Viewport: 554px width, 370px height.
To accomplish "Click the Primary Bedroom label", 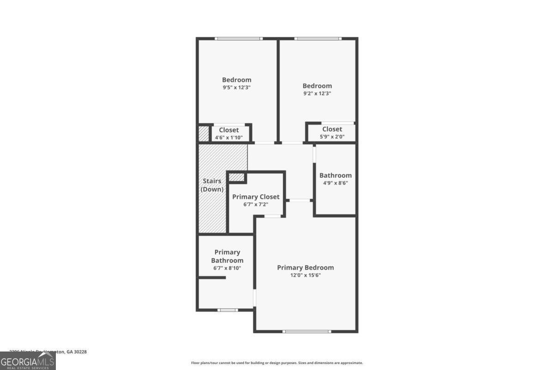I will pos(305,267).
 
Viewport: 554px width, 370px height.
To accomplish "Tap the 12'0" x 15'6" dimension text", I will pos(305,275).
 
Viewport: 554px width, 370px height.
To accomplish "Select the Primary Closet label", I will pos(255,197).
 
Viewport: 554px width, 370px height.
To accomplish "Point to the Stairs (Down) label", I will pos(212,185).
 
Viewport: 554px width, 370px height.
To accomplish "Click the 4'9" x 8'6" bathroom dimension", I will pos(336,183).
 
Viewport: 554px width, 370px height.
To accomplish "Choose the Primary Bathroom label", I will pos(227,256).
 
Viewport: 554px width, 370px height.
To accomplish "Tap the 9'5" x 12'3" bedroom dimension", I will pos(236,87).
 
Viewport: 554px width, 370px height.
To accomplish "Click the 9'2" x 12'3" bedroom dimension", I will pos(317,93).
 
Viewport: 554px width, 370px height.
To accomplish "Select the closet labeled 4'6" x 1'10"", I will pos(229,133).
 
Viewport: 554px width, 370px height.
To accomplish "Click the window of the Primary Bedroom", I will pos(307,331).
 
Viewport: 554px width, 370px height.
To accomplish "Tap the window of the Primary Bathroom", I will pos(227,310).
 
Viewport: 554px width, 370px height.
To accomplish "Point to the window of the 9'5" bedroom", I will pos(239,38).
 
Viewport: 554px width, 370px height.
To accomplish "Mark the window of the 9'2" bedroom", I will pos(318,38).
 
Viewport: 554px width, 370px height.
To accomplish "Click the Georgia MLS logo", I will pos(28,361).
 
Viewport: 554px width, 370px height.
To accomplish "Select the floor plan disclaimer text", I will pos(277,363).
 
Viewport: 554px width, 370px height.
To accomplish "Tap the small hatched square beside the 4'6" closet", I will pos(204,134).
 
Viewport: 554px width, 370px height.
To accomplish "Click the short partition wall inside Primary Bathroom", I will pos(212,277).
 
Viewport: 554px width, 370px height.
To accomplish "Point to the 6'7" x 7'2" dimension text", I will pos(255,204).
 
